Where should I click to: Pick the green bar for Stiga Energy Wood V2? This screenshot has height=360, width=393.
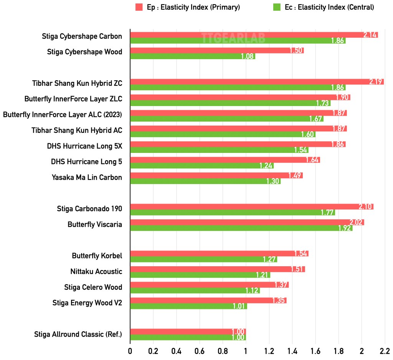coord(188,306)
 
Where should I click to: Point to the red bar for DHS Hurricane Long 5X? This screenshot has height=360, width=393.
coord(230,144)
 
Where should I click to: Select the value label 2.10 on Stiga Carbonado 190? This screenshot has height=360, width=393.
coord(366,207)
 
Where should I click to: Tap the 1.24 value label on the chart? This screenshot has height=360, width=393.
coord(266,166)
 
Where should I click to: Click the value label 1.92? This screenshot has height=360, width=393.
coord(345,228)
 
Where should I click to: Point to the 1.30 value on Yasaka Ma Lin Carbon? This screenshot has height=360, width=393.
coord(273,181)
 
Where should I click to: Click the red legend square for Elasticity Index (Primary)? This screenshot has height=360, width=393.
coord(139,7)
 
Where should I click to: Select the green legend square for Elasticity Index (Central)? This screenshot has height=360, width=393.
coord(276,7)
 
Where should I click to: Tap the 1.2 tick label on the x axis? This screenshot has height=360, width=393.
coord(269,351)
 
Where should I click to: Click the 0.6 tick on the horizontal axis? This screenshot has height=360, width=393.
coord(200,351)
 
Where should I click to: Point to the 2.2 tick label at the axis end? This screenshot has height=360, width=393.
coord(384,351)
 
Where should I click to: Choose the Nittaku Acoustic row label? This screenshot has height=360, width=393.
coord(96,272)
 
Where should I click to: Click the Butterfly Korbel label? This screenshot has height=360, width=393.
coord(97,256)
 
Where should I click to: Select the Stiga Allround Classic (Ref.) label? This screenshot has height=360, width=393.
coord(78,334)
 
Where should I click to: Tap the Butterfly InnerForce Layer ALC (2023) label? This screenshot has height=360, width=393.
coord(63,114)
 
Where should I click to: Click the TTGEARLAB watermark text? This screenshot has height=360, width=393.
coord(228,38)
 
